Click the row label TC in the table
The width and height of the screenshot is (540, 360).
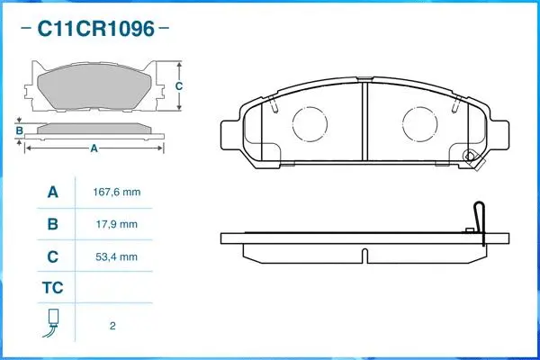click(x=52, y=288)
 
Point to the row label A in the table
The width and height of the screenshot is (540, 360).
click(x=52, y=193)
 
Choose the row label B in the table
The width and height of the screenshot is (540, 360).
click(x=52, y=224)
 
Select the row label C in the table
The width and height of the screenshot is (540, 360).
click(x=52, y=256)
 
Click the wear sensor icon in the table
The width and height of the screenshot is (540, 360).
click(x=52, y=322)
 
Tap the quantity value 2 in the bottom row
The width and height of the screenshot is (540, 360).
click(x=112, y=326)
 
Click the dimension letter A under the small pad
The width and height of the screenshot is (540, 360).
click(x=94, y=149)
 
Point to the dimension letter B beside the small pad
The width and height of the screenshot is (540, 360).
click(x=19, y=131)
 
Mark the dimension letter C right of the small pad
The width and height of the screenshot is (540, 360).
click(x=179, y=86)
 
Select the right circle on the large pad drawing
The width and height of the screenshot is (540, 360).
click(x=418, y=123)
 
